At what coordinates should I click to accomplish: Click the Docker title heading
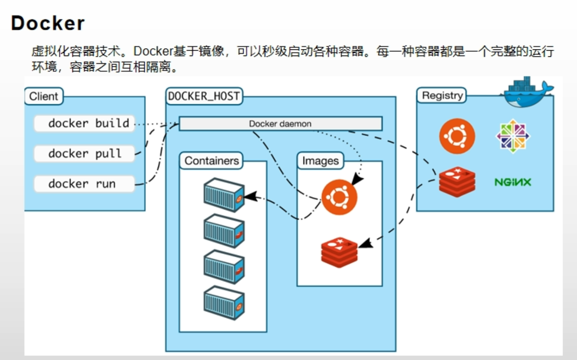(x=48, y=23)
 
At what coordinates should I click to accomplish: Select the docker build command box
(x=84, y=123)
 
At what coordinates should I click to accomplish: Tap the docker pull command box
(x=84, y=154)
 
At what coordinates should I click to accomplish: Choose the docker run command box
(x=84, y=184)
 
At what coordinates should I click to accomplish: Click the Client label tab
(x=44, y=96)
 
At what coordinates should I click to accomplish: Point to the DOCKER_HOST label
(x=204, y=96)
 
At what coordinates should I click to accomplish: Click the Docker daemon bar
(x=280, y=124)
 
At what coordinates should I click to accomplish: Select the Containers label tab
(x=211, y=161)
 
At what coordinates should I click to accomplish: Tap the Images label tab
(x=320, y=161)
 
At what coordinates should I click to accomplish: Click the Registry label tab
(x=442, y=96)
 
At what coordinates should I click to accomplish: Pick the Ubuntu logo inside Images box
(x=339, y=197)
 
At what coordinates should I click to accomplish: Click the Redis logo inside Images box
(x=339, y=252)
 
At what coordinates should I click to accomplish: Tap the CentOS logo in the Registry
(x=512, y=136)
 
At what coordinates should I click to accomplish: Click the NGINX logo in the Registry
(x=513, y=182)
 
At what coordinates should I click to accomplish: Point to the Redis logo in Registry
(x=457, y=182)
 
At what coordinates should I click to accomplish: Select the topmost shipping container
(x=224, y=194)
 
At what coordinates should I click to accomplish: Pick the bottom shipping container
(x=224, y=303)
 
